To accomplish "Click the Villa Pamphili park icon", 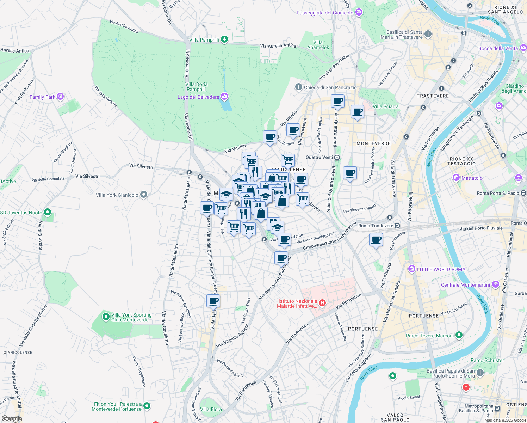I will pos(224,40).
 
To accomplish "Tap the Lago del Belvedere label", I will pos(198,97).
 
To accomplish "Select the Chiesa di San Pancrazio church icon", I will pos(299,87).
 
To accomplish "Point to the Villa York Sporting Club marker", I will pos(106,317).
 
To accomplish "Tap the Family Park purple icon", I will pos(60,96).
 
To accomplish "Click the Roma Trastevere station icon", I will pos(397,226).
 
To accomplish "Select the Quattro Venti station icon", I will pos(337,157).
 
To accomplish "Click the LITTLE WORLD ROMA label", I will pos(441,269).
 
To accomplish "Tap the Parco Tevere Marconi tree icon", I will pos(459,335).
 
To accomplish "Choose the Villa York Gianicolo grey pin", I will pos(143,195).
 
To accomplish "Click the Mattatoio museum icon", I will pos(456,178).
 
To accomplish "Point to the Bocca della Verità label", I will pos(498,48).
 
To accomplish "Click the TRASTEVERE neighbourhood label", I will pos(433,96).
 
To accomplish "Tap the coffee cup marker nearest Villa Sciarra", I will pos(357,112).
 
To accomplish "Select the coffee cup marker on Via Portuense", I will pos(376,240).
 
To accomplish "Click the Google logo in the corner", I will pos(12,418).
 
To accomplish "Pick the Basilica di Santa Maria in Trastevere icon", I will pos(428,34).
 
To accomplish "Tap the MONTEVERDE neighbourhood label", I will pos(373,143).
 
